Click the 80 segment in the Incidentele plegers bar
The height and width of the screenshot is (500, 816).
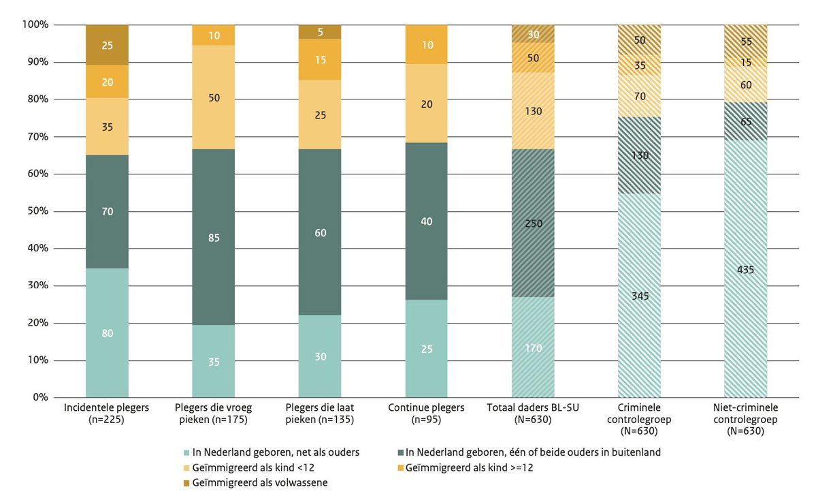coord(107,333)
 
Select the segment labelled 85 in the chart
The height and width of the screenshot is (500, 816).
coord(213,238)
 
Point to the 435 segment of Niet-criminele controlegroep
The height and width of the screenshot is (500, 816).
coord(745,269)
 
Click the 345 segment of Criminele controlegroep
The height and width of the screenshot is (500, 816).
coord(639,296)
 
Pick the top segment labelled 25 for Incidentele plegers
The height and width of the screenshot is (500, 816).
coord(107,45)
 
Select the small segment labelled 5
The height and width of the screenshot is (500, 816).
coord(320,31)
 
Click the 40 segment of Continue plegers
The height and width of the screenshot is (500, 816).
coord(426,221)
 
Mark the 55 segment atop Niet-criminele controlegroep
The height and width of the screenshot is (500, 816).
coord(745,41)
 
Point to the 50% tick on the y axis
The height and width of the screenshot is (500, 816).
coord(36,211)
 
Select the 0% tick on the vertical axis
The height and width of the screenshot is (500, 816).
coord(38,397)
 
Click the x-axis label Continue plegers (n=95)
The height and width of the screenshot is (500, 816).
coord(426,413)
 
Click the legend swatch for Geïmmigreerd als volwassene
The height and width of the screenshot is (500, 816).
coord(187,483)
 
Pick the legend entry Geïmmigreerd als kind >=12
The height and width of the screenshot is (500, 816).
coord(463,467)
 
